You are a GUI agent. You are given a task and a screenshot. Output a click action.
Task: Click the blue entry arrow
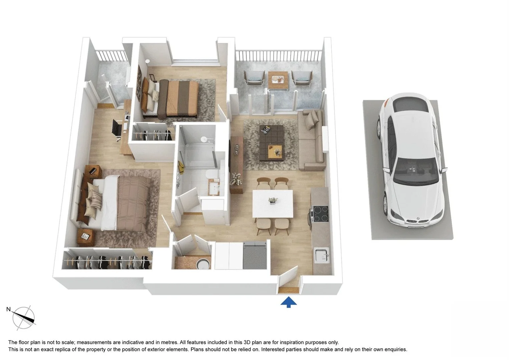[x=289, y=302]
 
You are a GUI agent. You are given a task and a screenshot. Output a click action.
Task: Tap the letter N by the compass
[x=9, y=309]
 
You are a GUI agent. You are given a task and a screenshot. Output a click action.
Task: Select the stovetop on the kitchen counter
[x=320, y=214]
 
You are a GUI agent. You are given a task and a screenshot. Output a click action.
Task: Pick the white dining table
[x=273, y=203]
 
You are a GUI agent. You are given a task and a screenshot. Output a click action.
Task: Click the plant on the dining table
[x=273, y=200]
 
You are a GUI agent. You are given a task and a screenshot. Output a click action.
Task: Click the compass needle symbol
[x=24, y=317]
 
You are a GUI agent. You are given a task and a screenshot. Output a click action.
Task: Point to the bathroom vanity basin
[x=212, y=188]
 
